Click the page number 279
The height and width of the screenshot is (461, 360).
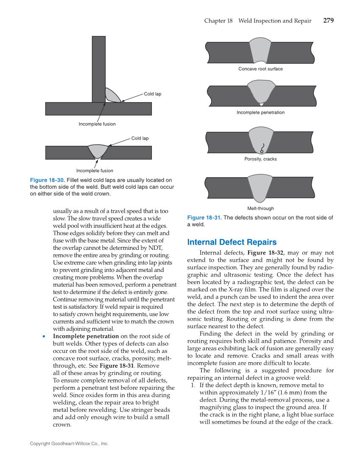click(328, 21)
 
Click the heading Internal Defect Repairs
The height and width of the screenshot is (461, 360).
click(232, 242)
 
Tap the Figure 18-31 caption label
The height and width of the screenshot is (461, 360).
click(204, 218)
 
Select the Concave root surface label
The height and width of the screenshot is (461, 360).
click(260, 69)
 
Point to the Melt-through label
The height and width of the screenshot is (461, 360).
click(260, 208)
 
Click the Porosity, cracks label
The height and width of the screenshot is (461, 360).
click(260, 159)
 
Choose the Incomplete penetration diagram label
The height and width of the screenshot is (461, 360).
click(260, 112)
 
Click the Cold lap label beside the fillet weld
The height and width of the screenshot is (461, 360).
click(152, 94)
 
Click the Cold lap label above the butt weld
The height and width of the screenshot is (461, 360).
click(140, 138)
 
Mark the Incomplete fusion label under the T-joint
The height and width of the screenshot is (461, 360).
click(97, 124)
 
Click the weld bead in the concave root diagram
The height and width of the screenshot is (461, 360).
click(260, 51)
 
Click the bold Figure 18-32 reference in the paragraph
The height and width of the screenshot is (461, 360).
click(265, 252)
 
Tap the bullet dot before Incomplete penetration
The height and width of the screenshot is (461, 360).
click(44, 337)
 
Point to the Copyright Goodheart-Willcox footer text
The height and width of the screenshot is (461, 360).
click(69, 444)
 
